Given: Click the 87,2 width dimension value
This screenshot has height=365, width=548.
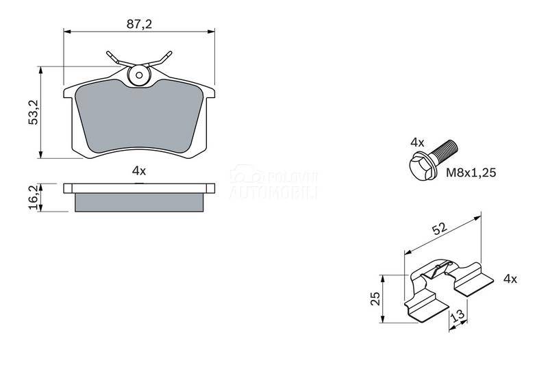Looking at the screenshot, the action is [139, 24].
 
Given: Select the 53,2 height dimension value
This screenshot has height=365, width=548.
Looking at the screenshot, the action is [34, 112].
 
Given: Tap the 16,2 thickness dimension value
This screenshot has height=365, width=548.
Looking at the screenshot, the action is [34, 198].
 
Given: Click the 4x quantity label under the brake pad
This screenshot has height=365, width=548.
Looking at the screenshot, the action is [139, 171].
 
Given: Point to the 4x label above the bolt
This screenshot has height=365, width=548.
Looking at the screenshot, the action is [417, 142].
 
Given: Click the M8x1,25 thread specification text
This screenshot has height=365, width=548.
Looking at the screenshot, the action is [471, 173].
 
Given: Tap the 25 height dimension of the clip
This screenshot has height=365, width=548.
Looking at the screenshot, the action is [375, 299].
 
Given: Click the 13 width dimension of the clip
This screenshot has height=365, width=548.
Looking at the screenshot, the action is [458, 316].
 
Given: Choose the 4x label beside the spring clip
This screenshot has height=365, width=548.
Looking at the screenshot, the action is [510, 279].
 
